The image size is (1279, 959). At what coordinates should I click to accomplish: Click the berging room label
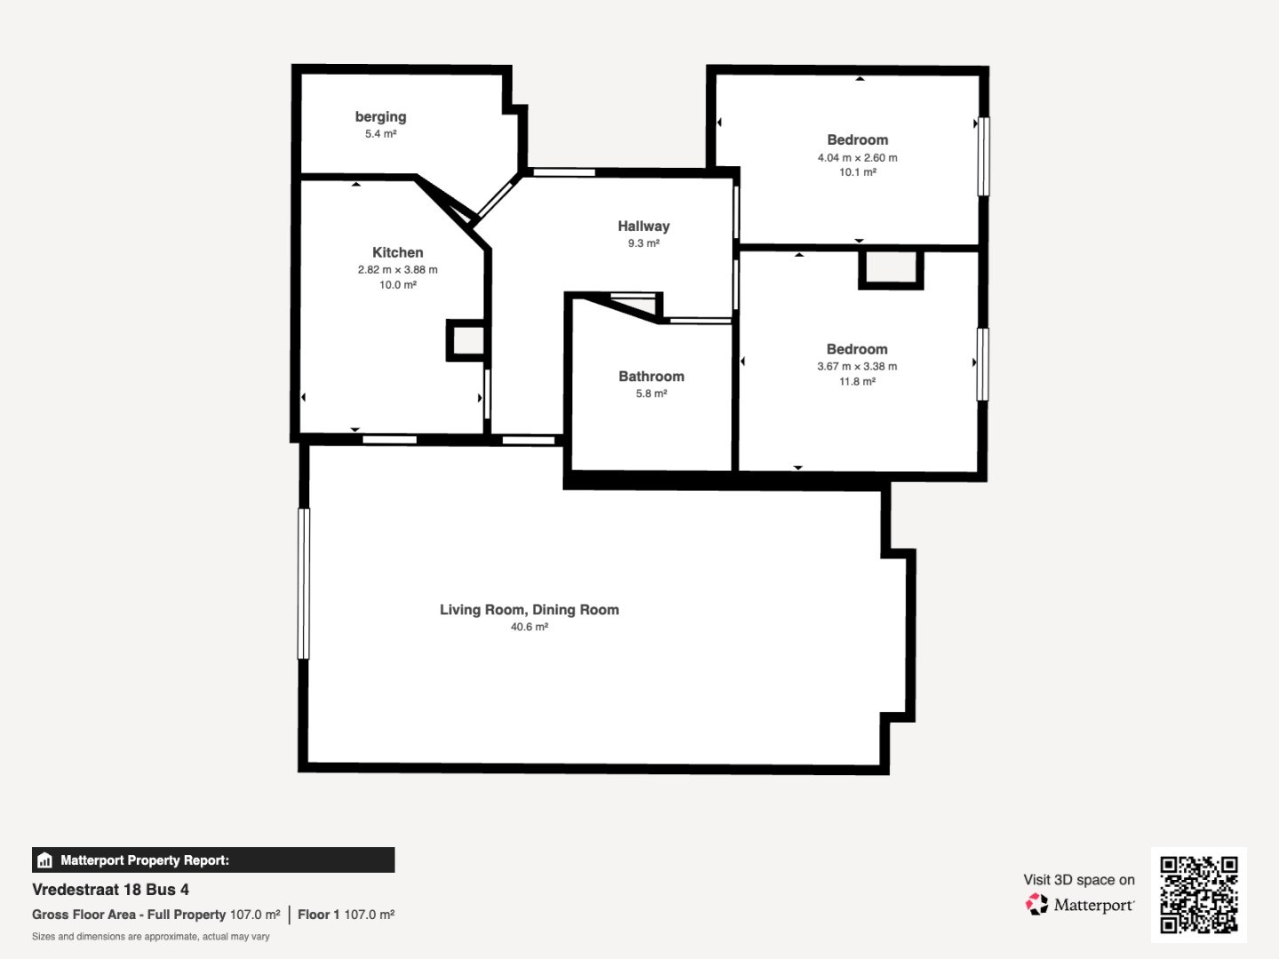click(x=380, y=116)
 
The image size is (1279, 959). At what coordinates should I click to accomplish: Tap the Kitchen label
click(x=397, y=252)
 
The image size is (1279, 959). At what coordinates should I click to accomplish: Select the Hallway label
click(x=643, y=226)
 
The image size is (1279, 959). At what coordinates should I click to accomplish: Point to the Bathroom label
click(x=651, y=376)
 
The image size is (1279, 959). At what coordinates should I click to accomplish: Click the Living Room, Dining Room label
click(x=529, y=610)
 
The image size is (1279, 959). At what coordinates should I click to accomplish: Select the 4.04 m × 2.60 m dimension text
click(x=857, y=158)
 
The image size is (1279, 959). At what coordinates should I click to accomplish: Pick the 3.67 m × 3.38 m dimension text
click(x=856, y=366)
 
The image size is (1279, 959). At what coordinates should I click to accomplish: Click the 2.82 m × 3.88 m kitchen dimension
click(x=397, y=270)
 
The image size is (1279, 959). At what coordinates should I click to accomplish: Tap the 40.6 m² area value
click(x=529, y=627)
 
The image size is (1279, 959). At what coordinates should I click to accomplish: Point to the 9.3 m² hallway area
click(x=643, y=242)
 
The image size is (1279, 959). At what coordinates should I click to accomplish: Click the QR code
click(x=1198, y=894)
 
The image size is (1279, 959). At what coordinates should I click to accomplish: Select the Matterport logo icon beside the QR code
click(x=1037, y=904)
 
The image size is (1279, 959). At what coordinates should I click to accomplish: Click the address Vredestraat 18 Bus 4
click(x=110, y=890)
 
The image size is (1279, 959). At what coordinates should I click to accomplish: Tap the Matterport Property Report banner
click(x=213, y=860)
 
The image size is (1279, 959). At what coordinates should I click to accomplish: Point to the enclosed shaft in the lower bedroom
click(x=890, y=269)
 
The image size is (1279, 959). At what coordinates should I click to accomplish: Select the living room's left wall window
click(x=304, y=584)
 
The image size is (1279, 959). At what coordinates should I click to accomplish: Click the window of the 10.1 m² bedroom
click(x=983, y=156)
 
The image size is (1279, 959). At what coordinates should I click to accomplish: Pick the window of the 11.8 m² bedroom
click(x=982, y=364)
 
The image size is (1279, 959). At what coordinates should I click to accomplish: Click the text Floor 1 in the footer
click(x=319, y=915)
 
